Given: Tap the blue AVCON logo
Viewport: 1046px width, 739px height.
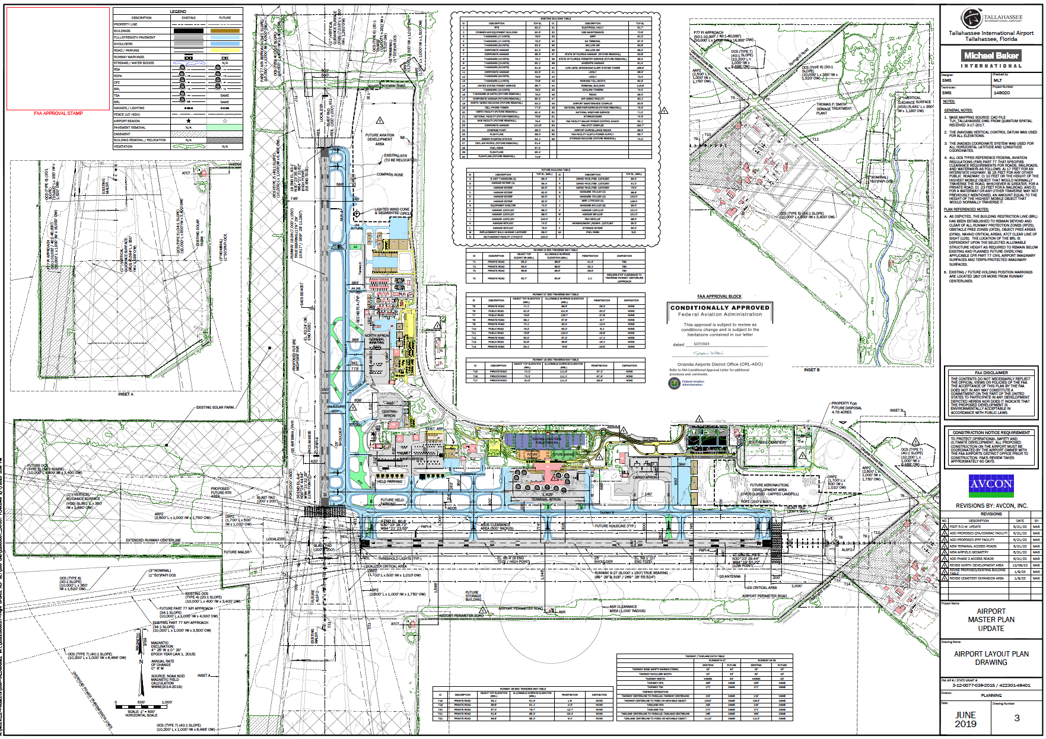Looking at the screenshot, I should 991,485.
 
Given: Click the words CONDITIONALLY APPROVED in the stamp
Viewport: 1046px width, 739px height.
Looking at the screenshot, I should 720,308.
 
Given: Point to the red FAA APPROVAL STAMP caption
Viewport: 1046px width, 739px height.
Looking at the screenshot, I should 58,113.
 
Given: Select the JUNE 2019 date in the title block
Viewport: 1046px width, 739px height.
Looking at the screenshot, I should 965,719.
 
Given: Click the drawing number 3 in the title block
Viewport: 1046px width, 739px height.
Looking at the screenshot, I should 1017,718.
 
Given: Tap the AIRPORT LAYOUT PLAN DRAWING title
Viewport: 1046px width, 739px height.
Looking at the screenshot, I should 991,658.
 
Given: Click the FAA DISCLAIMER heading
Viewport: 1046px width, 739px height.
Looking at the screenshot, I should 991,373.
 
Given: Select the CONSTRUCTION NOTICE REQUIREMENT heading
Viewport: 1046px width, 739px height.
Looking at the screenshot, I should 991,433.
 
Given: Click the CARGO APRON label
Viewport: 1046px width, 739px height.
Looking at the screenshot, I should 645,477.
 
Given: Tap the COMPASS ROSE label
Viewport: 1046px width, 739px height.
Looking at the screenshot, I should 390,174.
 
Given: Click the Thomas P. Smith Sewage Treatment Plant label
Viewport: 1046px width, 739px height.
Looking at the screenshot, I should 834,109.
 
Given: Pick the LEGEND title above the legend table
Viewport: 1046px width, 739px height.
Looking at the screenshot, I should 178,11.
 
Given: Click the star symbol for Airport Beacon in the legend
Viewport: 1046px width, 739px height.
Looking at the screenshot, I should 189,120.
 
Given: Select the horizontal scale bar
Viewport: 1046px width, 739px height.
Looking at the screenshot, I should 142,707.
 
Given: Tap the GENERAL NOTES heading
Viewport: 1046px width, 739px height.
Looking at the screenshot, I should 958,110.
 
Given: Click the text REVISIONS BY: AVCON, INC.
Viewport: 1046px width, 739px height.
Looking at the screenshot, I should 991,506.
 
